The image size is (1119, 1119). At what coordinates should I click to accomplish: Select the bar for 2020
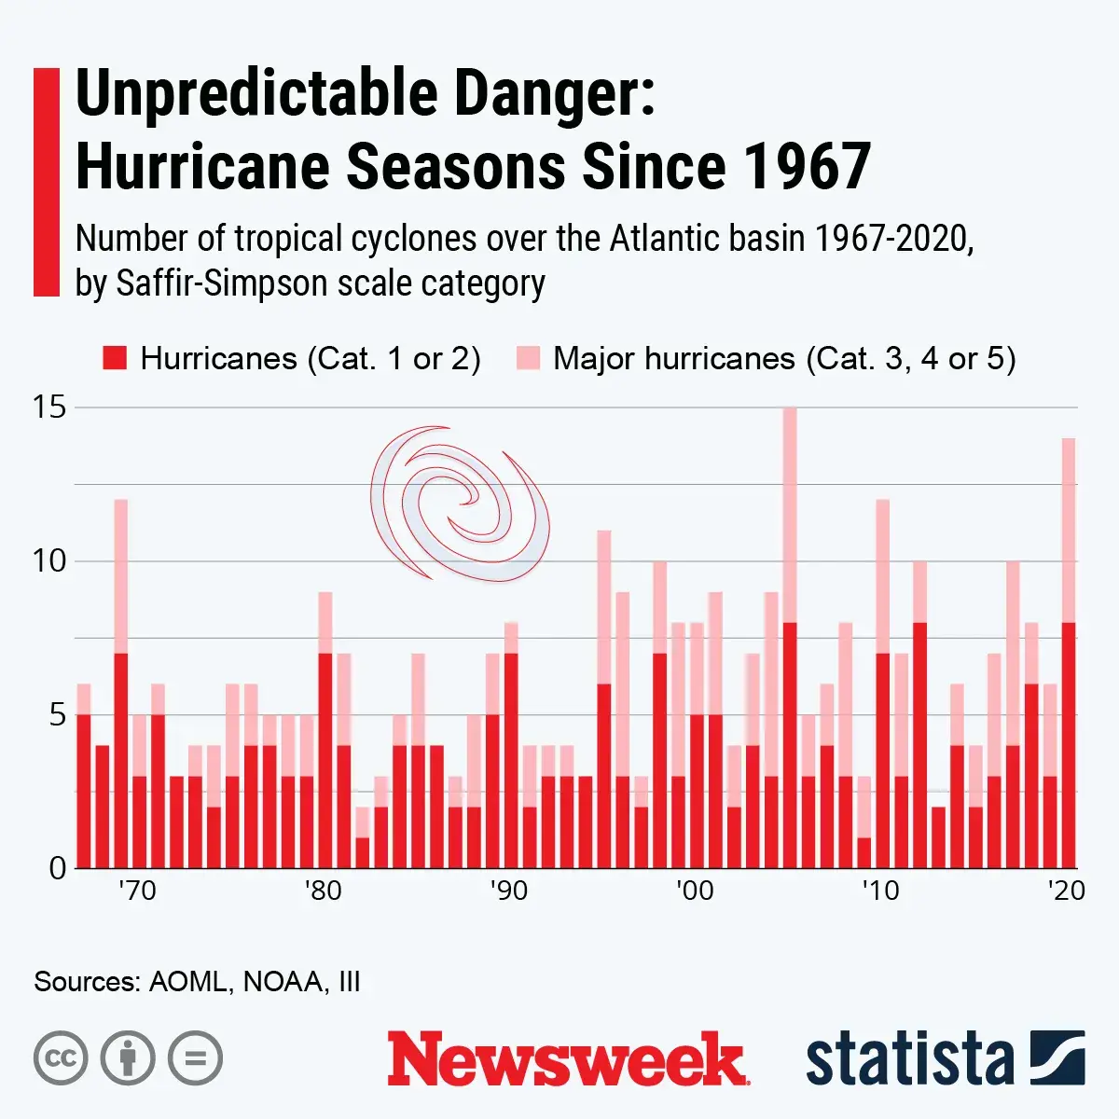pos(1069,653)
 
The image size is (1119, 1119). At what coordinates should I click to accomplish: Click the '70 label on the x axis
pos(138,891)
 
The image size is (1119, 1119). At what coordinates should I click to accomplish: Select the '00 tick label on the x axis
pos(695,891)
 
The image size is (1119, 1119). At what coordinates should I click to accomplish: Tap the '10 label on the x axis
pos(880,891)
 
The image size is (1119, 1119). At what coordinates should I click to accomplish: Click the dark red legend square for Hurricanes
pos(115,359)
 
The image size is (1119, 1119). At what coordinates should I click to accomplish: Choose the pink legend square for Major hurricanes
pos(528,359)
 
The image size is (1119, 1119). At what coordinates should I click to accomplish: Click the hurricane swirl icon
pos(459,504)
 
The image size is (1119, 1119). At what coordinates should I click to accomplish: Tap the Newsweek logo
pos(567,1058)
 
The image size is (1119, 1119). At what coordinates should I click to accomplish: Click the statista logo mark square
pos(1057,1058)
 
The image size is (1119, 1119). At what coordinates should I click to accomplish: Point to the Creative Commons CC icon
pos(61,1058)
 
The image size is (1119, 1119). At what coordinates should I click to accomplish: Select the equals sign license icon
pos(195,1058)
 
